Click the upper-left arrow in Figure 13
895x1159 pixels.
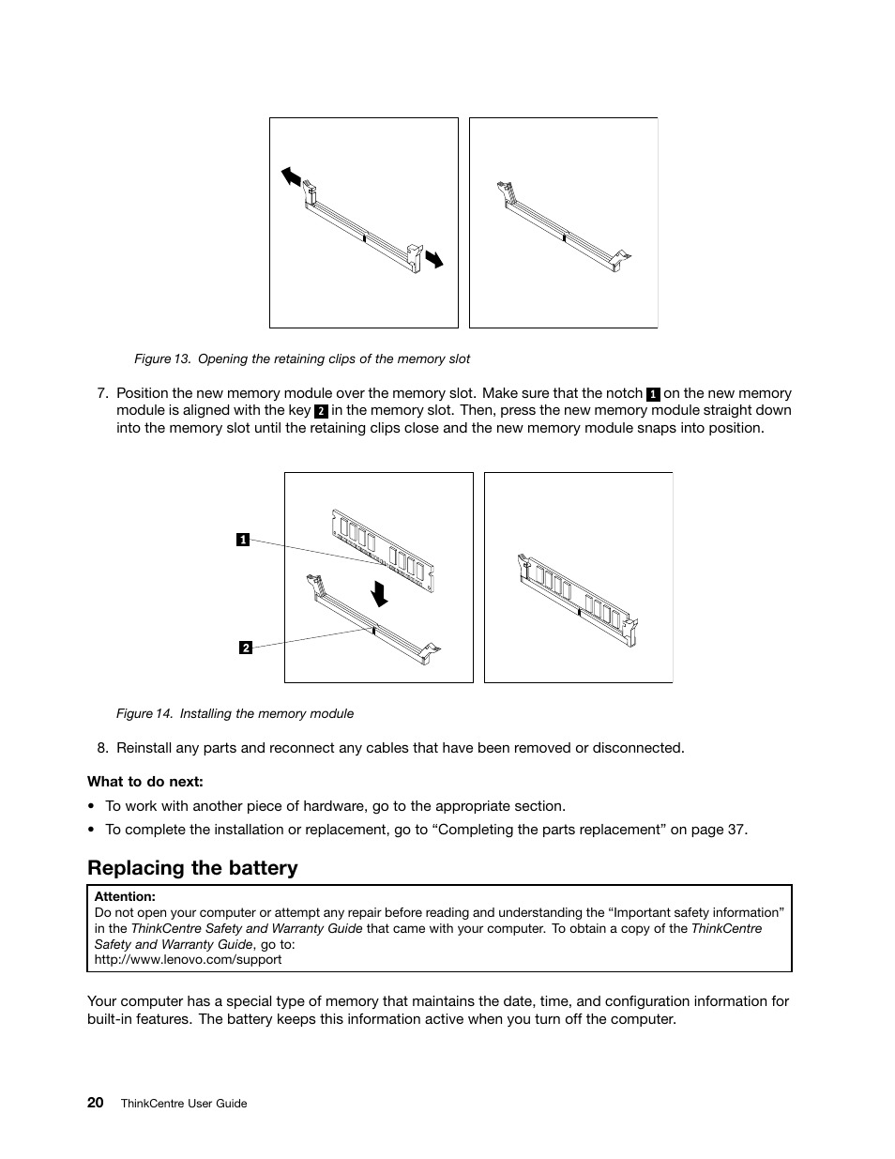[x=292, y=176]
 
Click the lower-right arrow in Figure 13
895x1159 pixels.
[x=432, y=259]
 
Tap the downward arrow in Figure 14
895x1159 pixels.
[x=379, y=593]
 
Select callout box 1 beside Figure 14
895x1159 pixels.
[x=242, y=539]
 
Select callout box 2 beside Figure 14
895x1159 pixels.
[x=245, y=648]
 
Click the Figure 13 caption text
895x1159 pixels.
[x=301, y=358]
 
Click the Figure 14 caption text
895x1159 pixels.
[x=235, y=713]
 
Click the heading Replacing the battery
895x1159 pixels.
[x=192, y=867]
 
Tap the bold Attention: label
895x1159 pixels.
[x=125, y=896]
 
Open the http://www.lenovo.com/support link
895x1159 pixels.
[x=188, y=959]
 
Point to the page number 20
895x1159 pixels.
[x=96, y=1103]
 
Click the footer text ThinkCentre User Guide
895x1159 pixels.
[x=184, y=1104]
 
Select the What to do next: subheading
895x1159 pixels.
[x=145, y=781]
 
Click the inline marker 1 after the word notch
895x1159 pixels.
[x=653, y=394]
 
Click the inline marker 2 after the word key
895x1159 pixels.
[x=320, y=411]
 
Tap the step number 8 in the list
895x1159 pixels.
[x=103, y=748]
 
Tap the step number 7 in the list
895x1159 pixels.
[x=103, y=393]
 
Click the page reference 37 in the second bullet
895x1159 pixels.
[x=736, y=829]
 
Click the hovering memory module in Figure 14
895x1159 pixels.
[x=383, y=551]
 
